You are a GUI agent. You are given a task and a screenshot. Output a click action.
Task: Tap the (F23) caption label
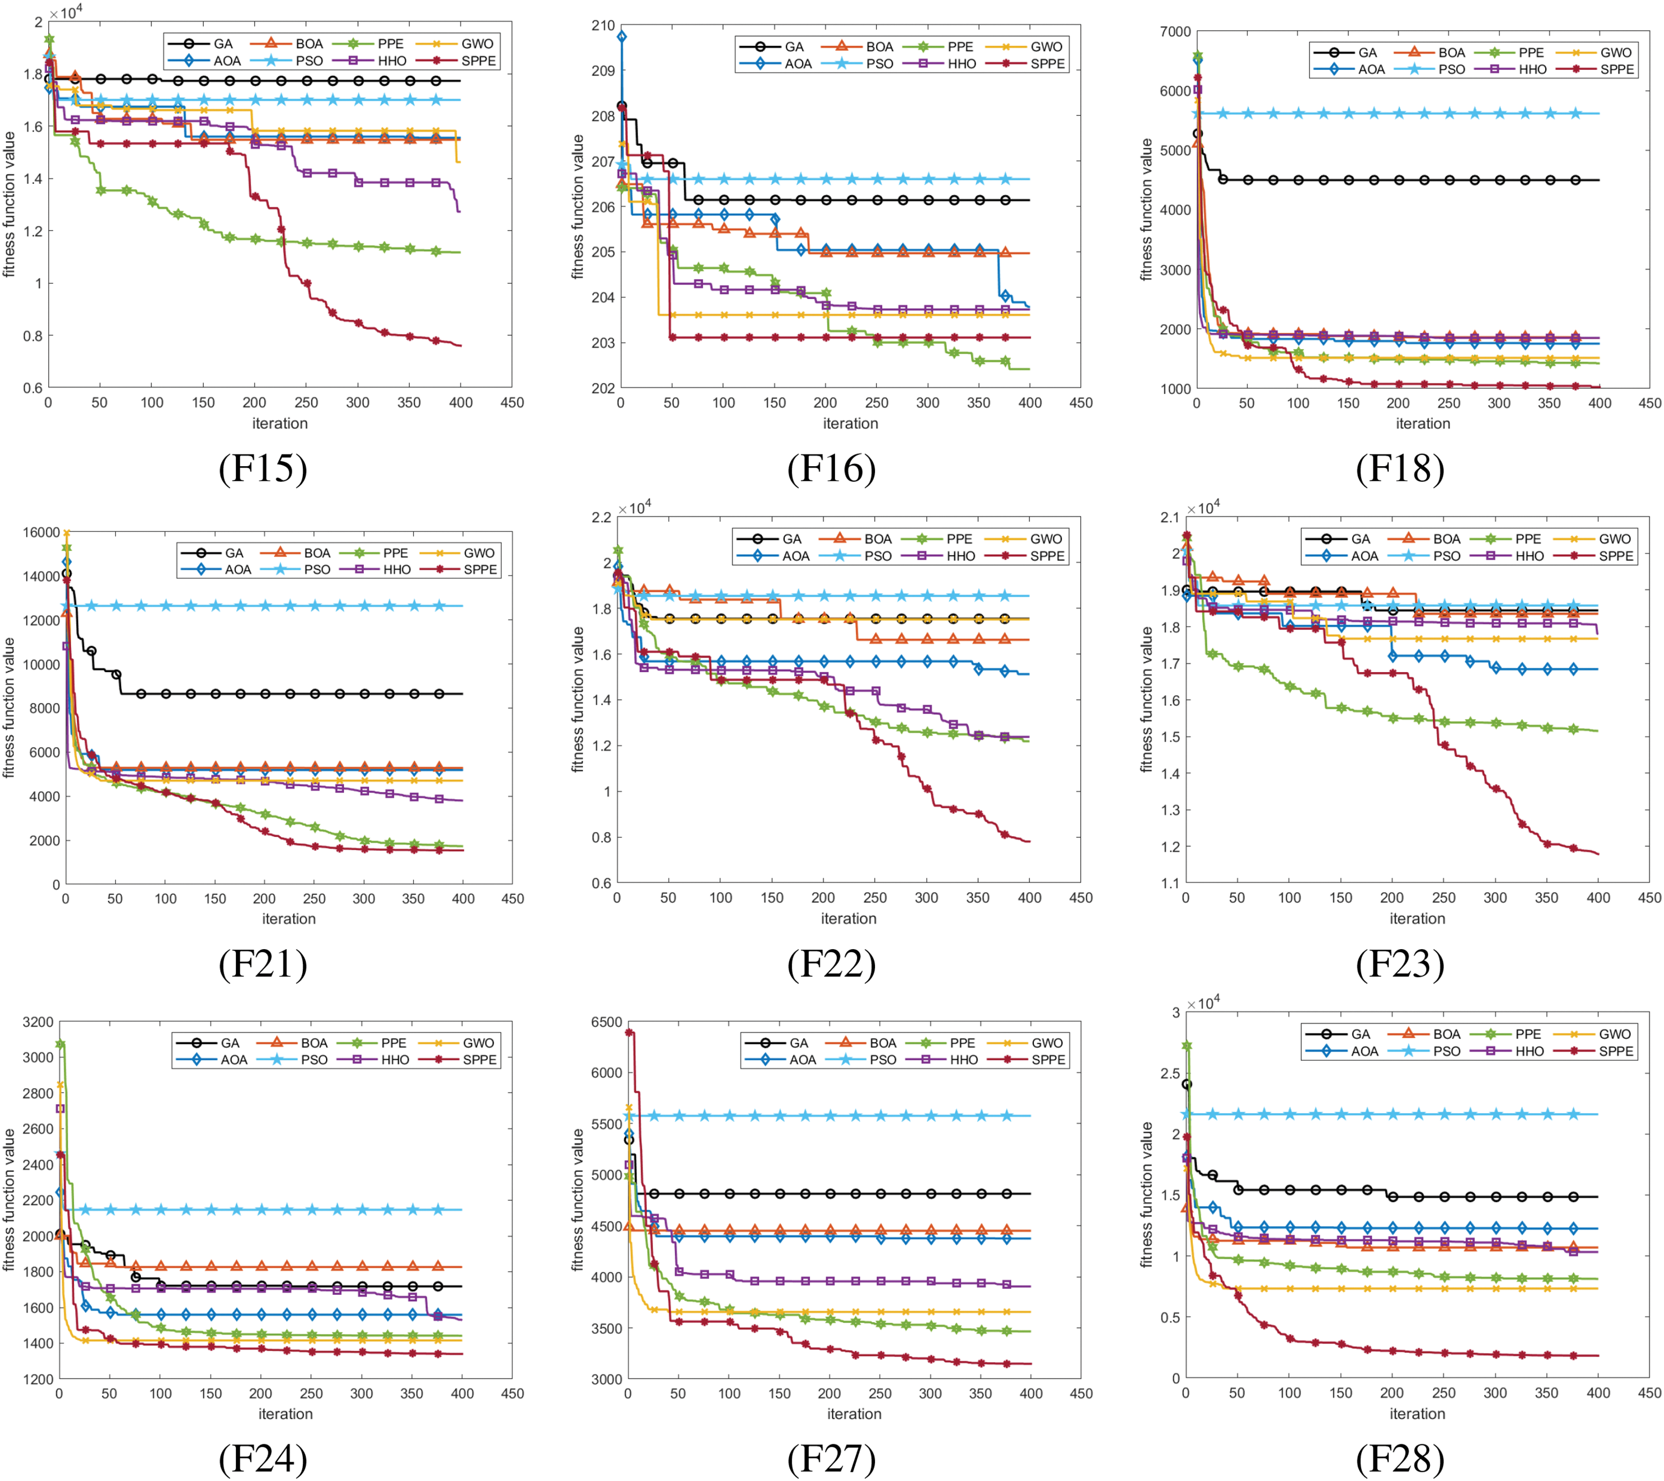pyautogui.click(x=1400, y=964)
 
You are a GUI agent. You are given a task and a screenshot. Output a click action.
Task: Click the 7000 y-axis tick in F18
pyautogui.click(x=1175, y=32)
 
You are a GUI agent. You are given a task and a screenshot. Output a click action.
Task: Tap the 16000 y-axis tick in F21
pyautogui.click(x=41, y=532)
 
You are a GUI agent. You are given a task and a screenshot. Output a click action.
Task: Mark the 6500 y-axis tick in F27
pyautogui.click(x=606, y=1022)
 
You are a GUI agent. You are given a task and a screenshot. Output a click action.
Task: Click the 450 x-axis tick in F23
pyautogui.click(x=1648, y=897)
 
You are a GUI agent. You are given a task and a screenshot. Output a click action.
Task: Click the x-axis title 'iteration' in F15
pyautogui.click(x=280, y=423)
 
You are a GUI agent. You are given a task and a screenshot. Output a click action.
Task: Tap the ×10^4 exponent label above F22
pyautogui.click(x=635, y=508)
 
